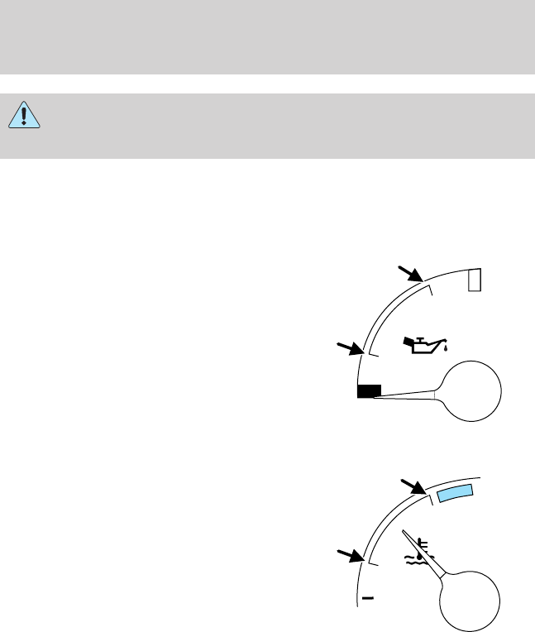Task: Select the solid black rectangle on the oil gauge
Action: coord(369,391)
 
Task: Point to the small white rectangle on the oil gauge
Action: coord(474,280)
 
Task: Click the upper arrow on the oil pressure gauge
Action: coord(410,275)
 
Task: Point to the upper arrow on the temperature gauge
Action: coord(412,487)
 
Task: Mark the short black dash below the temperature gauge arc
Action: coord(368,596)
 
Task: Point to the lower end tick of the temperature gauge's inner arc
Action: coord(373,563)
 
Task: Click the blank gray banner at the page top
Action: coord(267,36)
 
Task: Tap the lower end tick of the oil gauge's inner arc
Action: coord(373,354)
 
